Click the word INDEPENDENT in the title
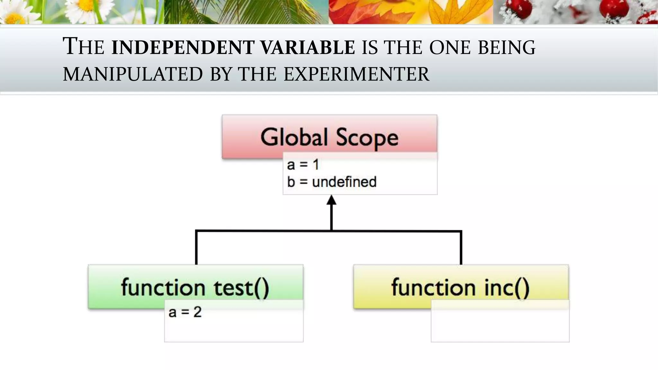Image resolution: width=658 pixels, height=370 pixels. tap(183, 47)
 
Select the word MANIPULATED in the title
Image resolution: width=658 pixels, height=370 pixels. tap(133, 74)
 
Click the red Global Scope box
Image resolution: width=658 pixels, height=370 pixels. tap(329, 137)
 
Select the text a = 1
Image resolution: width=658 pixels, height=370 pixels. tap(303, 165)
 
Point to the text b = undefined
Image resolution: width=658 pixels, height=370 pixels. tap(332, 182)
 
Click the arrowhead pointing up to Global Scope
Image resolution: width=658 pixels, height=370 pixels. tap(331, 200)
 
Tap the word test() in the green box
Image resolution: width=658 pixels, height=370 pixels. tap(241, 287)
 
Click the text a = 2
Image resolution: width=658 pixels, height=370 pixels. tap(185, 312)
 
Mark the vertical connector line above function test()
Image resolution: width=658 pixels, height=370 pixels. tap(196, 247)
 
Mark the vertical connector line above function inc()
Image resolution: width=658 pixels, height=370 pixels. tap(461, 247)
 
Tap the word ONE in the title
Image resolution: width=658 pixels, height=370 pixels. tap(451, 47)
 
